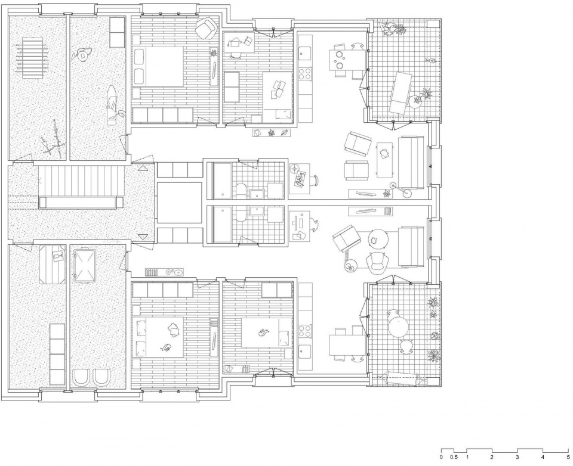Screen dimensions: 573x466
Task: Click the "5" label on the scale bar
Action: click(568, 457)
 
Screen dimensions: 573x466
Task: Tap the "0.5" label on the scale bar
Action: click(454, 457)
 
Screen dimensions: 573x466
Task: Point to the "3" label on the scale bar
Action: click(517, 457)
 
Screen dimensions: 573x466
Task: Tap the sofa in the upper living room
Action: click(411, 162)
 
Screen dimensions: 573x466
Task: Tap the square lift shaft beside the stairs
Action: click(180, 203)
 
